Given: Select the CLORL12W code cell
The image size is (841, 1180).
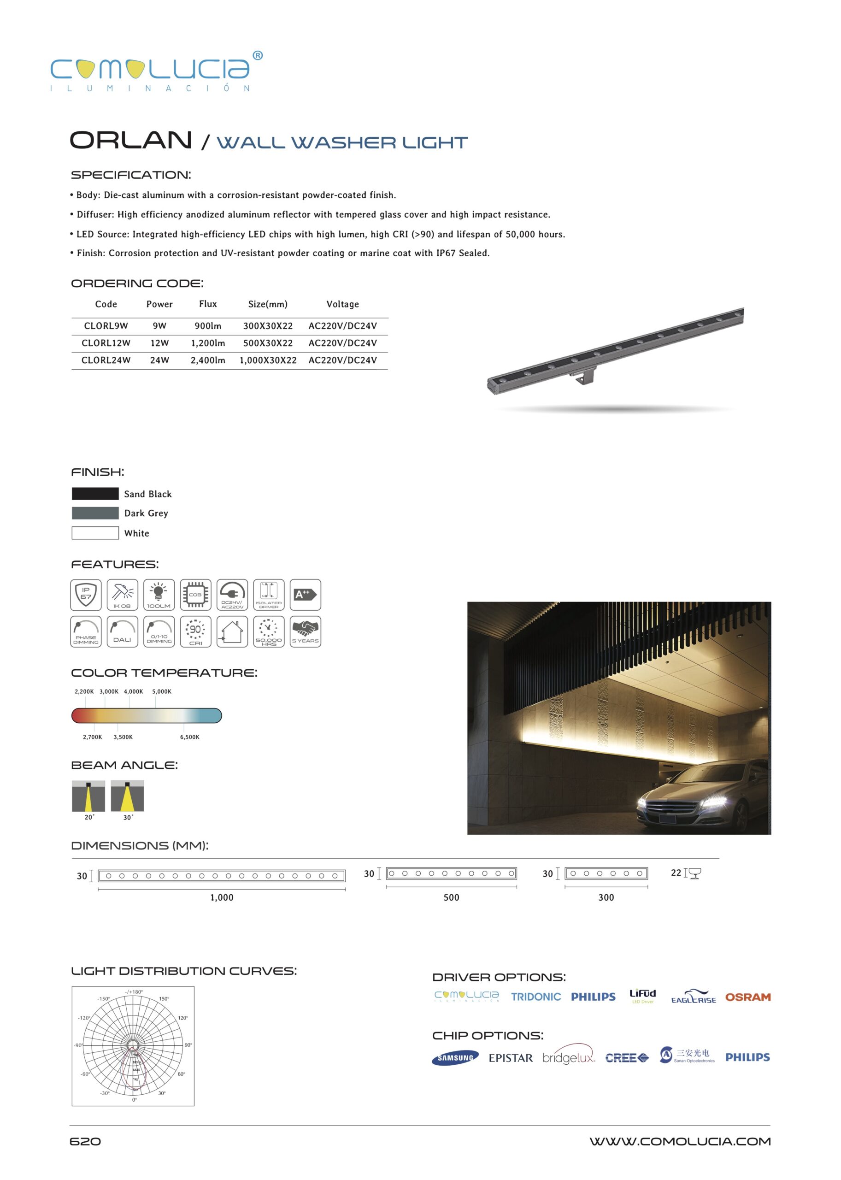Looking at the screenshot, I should click(106, 343).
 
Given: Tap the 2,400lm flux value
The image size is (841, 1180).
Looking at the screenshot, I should click(208, 360).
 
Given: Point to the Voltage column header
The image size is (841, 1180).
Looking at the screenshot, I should click(342, 304).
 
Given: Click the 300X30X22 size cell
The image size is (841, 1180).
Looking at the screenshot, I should click(268, 326).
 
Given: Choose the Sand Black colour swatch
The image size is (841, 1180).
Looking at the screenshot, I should click(95, 494).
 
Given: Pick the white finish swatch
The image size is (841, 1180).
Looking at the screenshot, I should click(95, 532).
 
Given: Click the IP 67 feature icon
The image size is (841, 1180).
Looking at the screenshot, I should click(86, 595).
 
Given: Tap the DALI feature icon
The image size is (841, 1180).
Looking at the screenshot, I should click(122, 631).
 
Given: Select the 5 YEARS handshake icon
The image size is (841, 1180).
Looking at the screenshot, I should click(305, 631).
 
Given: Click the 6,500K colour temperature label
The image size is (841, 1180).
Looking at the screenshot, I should click(189, 737).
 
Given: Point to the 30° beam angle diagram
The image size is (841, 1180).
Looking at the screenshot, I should click(127, 796).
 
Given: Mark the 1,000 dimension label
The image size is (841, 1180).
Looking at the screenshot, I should click(222, 897).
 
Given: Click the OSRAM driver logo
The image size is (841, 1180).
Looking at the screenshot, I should click(747, 997).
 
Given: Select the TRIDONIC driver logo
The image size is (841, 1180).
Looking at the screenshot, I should click(535, 997).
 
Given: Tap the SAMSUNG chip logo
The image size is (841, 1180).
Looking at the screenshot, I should click(455, 1058).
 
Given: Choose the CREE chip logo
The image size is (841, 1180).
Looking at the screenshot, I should click(627, 1058).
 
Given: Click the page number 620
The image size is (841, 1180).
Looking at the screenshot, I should click(85, 1142).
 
